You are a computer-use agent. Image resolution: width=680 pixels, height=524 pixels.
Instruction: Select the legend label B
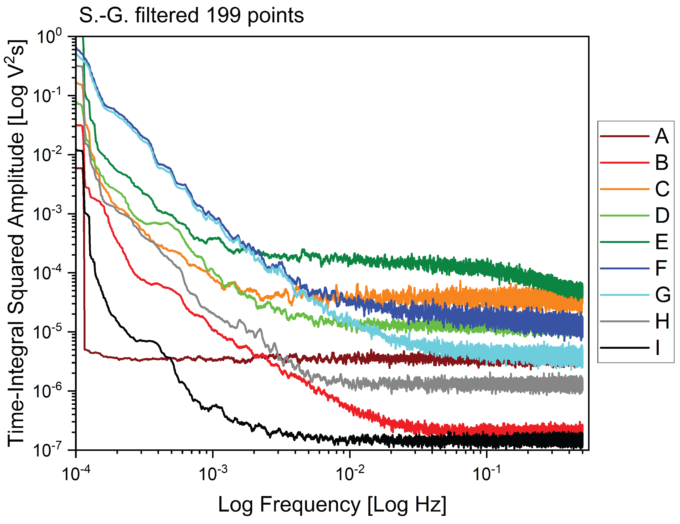[661, 163]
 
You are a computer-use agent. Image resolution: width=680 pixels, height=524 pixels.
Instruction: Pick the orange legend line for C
[624, 189]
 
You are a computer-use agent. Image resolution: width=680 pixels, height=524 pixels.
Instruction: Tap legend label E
[661, 242]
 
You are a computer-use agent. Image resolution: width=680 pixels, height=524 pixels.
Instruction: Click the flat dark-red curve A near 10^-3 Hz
[213, 360]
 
